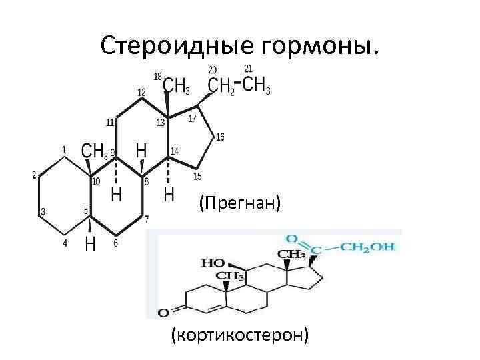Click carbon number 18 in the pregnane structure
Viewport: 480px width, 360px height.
coord(158,77)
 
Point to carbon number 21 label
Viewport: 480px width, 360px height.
coord(248,69)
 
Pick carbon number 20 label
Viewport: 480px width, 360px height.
coord(212,69)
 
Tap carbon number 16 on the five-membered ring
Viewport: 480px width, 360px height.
coord(220,137)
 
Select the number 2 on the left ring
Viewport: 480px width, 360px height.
coord(34,175)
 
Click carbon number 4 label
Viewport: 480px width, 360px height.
coord(65,243)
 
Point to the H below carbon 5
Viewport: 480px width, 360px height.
coord(90,245)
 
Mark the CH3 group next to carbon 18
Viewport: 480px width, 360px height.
coord(176,85)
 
